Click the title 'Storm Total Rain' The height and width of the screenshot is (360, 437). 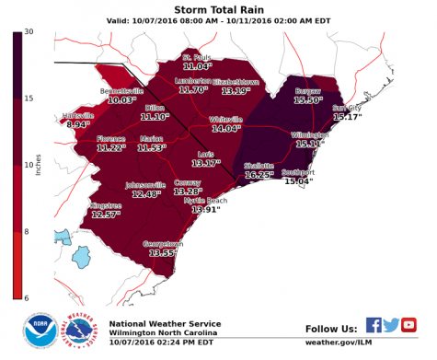point(217,8)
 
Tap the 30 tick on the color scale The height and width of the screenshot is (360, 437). point(29,32)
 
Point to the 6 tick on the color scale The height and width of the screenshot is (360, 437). point(29,296)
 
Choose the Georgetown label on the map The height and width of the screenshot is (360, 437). point(163,244)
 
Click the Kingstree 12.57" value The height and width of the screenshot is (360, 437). point(106,215)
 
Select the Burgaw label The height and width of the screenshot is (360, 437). point(308,91)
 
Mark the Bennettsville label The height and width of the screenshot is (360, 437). point(121,91)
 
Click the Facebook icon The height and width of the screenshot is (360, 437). point(374,325)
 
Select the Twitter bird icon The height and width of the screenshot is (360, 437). point(391,325)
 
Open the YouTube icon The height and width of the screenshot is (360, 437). point(409,325)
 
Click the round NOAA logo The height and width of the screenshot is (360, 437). point(40,332)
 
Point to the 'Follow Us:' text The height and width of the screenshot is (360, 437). point(330,328)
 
